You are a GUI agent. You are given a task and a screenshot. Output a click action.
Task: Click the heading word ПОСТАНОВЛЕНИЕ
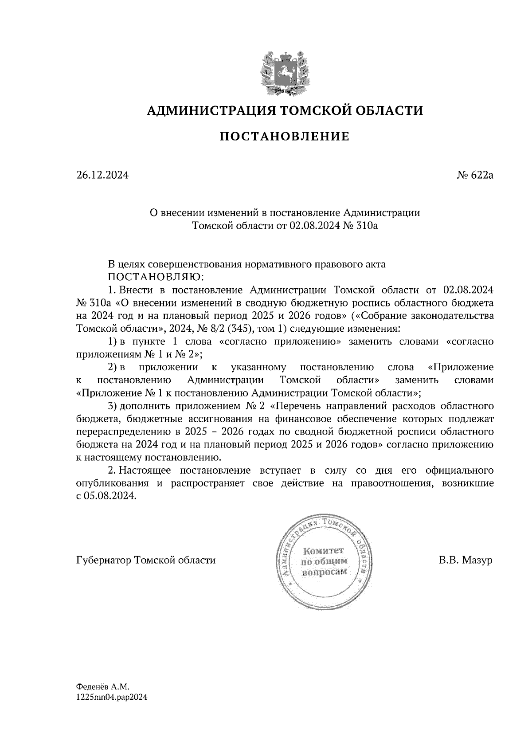coord(285,137)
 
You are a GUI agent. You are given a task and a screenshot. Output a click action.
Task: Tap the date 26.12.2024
coord(102,175)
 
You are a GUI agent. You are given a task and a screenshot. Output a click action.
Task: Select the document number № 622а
coord(475,175)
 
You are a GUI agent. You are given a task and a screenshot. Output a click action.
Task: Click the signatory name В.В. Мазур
coord(465,561)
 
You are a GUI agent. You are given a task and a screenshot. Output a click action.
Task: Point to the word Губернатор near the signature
coord(104,561)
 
